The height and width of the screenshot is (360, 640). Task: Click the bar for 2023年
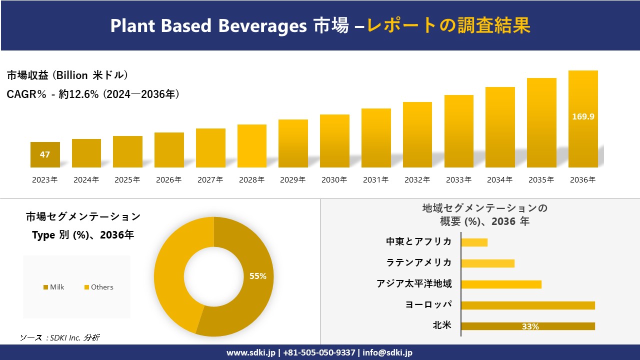45,154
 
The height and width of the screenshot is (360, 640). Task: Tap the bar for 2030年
334,141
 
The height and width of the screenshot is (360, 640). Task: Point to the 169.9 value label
583,116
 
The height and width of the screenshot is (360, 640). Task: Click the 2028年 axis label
251,180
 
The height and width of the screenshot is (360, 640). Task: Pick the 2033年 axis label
458,180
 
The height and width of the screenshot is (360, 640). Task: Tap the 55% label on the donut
258,276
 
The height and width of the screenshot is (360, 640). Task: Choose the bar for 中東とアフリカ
474,242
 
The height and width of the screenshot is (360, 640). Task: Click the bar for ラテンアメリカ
487,263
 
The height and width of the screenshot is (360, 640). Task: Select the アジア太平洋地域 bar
501,284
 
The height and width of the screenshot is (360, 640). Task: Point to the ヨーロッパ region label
428,305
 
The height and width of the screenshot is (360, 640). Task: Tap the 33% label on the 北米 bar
530,326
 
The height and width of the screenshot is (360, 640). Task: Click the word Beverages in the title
262,25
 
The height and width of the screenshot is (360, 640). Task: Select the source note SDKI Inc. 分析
60,338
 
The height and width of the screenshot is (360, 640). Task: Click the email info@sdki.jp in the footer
387,352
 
